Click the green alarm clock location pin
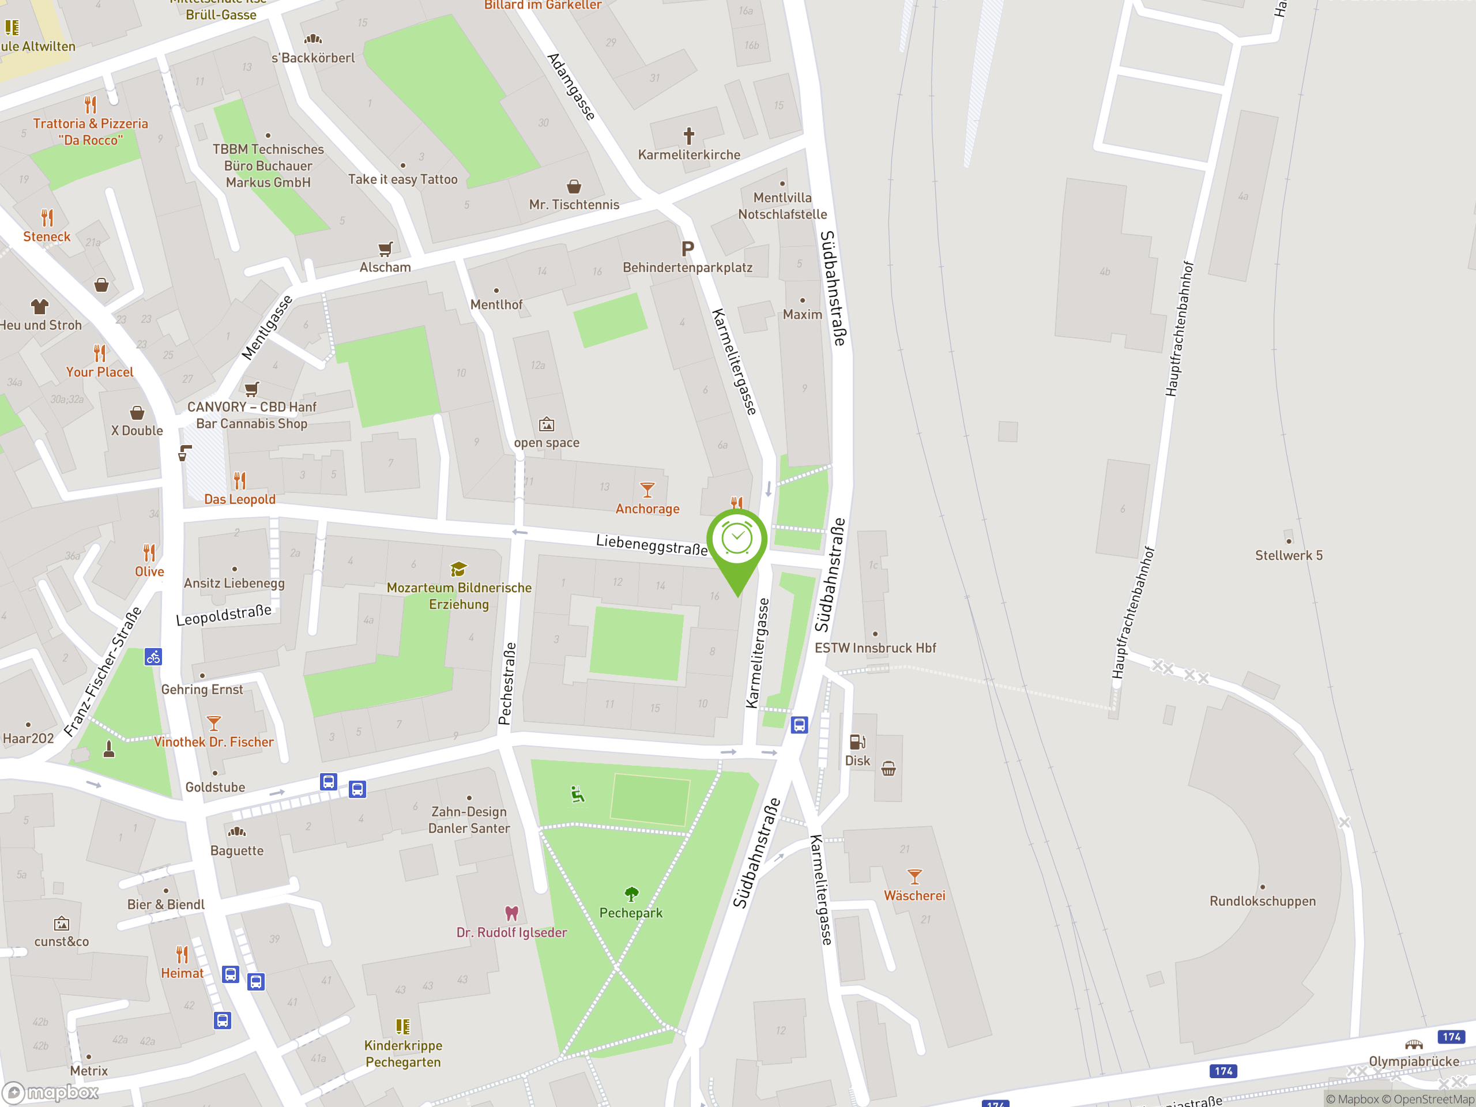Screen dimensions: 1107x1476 click(x=737, y=540)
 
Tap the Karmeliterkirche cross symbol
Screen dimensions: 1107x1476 click(x=688, y=136)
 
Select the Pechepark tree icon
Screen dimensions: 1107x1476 click(x=631, y=894)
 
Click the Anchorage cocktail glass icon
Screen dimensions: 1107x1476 click(x=646, y=490)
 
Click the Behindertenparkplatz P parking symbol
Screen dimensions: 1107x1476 click(x=687, y=249)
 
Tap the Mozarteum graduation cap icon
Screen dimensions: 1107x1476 click(x=458, y=569)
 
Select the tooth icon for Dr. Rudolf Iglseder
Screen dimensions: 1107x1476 click(x=512, y=913)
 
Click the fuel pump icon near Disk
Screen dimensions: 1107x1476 click(x=857, y=742)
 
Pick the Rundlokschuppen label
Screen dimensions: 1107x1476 click(x=1263, y=901)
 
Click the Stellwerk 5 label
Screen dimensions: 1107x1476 click(x=1288, y=555)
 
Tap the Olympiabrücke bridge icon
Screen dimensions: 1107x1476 click(x=1413, y=1045)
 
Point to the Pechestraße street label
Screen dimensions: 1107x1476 click(x=507, y=683)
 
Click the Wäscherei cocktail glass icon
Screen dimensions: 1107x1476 click(x=914, y=876)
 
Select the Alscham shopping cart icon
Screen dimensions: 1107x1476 click(x=385, y=249)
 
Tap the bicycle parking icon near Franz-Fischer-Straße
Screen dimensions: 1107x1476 click(x=153, y=657)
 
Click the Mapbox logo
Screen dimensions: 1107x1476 click(x=51, y=1093)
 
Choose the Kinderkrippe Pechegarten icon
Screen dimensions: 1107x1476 click(x=402, y=1026)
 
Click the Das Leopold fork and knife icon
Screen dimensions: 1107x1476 click(x=239, y=480)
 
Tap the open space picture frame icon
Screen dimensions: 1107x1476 click(x=547, y=424)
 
